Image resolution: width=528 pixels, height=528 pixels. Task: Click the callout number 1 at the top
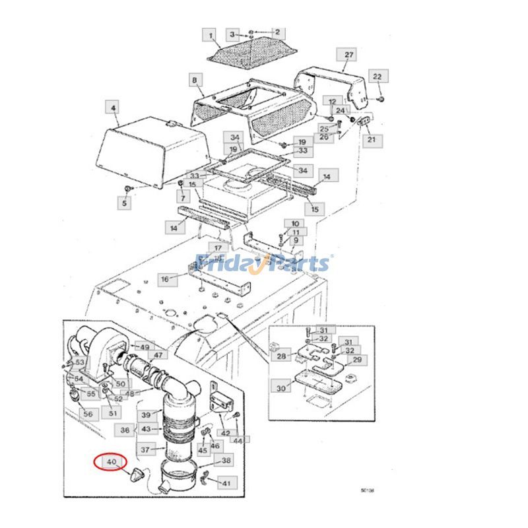(x=211, y=35)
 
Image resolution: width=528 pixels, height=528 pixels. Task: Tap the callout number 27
(x=349, y=54)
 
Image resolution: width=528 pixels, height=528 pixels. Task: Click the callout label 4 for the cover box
(x=114, y=106)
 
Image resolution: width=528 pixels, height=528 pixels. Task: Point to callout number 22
(x=377, y=77)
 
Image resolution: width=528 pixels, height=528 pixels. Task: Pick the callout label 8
(x=194, y=81)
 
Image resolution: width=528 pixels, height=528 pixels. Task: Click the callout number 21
(x=371, y=140)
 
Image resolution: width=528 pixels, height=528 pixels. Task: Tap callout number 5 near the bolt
(x=125, y=204)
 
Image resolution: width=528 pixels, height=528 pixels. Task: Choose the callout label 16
(x=164, y=279)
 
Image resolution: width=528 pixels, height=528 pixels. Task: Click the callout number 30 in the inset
(x=281, y=388)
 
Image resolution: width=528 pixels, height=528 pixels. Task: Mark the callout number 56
(x=88, y=413)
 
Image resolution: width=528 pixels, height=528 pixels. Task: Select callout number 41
(x=226, y=484)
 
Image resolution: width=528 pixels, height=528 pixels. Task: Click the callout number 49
(x=144, y=347)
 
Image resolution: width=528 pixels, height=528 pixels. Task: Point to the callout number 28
(x=282, y=356)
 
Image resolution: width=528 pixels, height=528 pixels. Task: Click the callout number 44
(x=238, y=440)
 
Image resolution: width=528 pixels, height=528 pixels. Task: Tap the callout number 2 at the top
(x=277, y=32)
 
